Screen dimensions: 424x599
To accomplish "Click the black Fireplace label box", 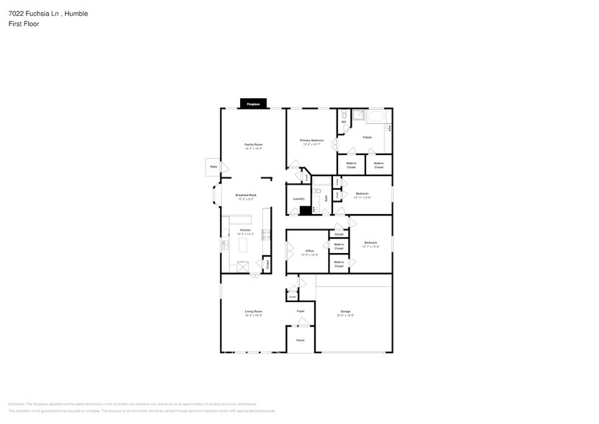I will click(x=253, y=105).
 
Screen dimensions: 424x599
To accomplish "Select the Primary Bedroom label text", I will click(x=312, y=141).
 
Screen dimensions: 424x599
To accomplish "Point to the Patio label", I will click(x=213, y=167).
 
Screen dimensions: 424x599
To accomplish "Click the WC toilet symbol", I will click(x=345, y=116).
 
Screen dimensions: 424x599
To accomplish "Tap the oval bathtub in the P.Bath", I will click(x=377, y=117).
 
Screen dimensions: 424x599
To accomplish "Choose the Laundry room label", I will click(x=298, y=199).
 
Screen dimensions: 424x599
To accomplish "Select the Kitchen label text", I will click(x=246, y=231).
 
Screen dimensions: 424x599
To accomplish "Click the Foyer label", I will click(x=301, y=311).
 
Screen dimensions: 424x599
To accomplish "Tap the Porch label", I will click(x=301, y=340).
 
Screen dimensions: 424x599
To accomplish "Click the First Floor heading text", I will click(x=25, y=24).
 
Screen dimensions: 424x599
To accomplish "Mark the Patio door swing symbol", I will click(x=224, y=167).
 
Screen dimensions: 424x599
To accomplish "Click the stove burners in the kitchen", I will click(x=266, y=234).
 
